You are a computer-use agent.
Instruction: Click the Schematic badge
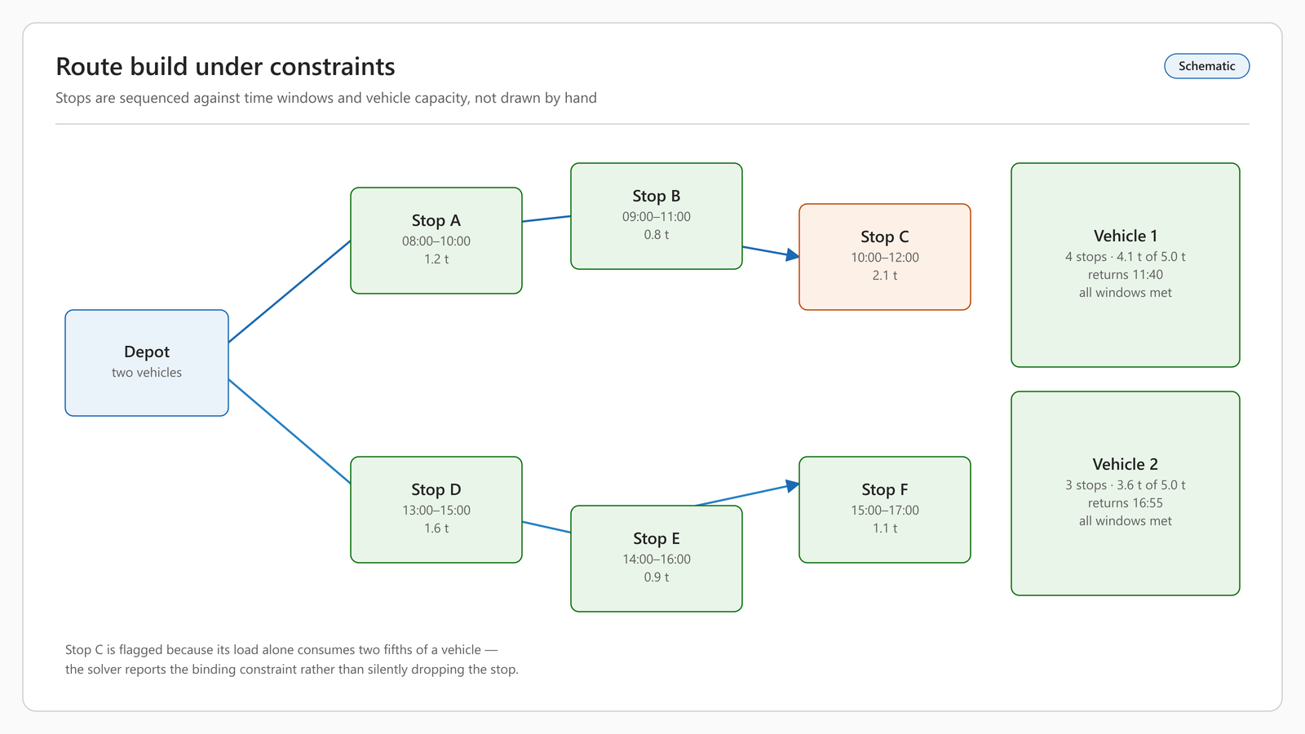[x=1206, y=66]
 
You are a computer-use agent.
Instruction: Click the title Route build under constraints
[x=225, y=66]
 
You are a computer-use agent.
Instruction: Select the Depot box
[x=147, y=363]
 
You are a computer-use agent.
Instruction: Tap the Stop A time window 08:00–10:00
[x=436, y=241]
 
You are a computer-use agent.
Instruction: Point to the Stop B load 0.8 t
[x=656, y=235]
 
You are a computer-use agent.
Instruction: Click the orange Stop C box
[x=884, y=257]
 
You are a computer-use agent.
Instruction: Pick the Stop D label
[x=436, y=489]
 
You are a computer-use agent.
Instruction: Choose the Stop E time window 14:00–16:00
[x=656, y=559]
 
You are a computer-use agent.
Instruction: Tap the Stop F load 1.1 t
[x=884, y=528]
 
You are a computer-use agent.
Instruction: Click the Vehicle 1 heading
[x=1125, y=236]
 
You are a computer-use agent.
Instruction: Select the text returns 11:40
[x=1125, y=274]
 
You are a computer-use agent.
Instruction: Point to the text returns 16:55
[x=1125, y=502]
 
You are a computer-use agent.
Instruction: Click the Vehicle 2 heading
[x=1125, y=464]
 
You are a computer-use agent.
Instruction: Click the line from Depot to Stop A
[x=290, y=291]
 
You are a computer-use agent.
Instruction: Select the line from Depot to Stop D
[x=290, y=431]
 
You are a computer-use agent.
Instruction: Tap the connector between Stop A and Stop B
[x=546, y=219]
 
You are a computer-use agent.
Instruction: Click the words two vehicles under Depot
[x=147, y=373]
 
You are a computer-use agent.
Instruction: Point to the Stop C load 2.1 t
[x=884, y=276]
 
